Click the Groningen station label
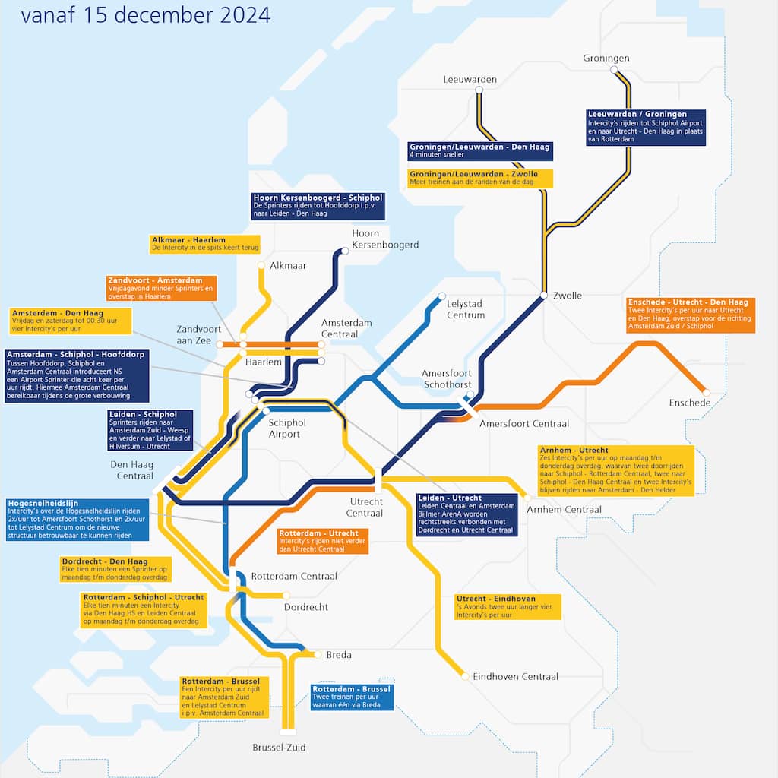[x=606, y=59]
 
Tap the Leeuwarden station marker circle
[x=479, y=90]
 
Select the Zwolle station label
[x=567, y=296]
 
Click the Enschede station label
[x=689, y=403]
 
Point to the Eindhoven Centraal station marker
[x=465, y=675]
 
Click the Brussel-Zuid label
[x=279, y=748]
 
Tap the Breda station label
[x=339, y=655]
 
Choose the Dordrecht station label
[x=305, y=607]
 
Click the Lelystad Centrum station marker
[x=441, y=297]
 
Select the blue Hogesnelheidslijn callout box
[x=77, y=519]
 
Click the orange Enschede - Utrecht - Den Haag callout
[x=690, y=315]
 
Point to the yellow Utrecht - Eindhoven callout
[x=508, y=606]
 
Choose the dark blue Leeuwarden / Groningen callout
[x=645, y=127]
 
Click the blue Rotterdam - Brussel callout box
[x=353, y=697]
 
